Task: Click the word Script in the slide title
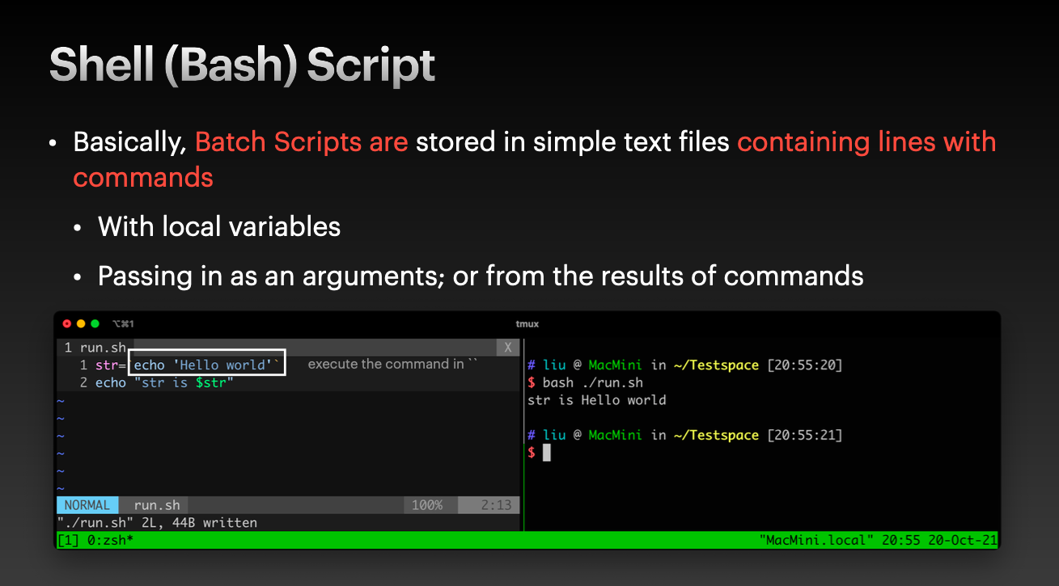(371, 65)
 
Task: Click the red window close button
(66, 323)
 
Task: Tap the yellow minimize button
(81, 323)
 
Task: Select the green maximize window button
(95, 323)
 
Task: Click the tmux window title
(527, 324)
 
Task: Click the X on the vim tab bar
(508, 348)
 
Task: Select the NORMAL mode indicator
(87, 505)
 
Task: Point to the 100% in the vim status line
(427, 505)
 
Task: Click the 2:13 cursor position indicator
(496, 505)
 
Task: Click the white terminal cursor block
(547, 453)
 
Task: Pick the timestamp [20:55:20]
(805, 365)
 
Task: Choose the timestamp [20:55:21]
(805, 435)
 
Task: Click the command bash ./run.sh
(593, 382)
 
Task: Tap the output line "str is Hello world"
(596, 400)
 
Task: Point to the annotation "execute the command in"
(386, 364)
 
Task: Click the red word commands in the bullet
(143, 178)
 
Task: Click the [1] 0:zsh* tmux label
(95, 540)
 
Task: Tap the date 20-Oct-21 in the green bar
(963, 540)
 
